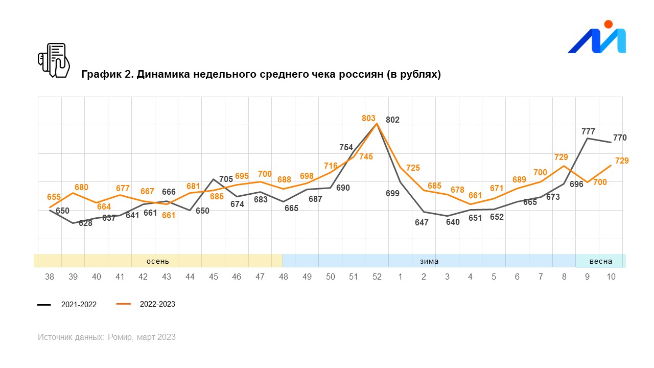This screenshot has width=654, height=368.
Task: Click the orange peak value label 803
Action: coord(368,118)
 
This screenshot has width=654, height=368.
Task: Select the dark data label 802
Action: coord(392,120)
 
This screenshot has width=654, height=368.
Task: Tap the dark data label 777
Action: coord(588,131)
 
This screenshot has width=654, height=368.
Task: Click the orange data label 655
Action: coord(54,197)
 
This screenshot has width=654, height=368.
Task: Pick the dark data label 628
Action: coord(85,223)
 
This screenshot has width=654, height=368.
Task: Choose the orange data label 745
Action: coord(366,157)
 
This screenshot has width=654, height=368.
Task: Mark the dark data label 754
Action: coord(346,148)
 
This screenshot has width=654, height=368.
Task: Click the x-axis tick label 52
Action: coord(377,277)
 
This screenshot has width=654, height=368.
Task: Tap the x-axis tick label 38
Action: coord(50,277)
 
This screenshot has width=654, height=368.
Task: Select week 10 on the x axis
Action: coord(611,277)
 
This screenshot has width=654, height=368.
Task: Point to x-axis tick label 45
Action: coord(214,277)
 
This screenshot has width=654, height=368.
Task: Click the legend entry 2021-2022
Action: coord(79,305)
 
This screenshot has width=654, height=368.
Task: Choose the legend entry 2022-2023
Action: coord(157,304)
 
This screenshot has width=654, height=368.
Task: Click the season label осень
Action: coord(158,261)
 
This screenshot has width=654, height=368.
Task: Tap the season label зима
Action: coord(429,261)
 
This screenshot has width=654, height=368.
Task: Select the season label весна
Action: coord(600,261)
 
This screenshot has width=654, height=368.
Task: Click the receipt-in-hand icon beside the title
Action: coord(54,60)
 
